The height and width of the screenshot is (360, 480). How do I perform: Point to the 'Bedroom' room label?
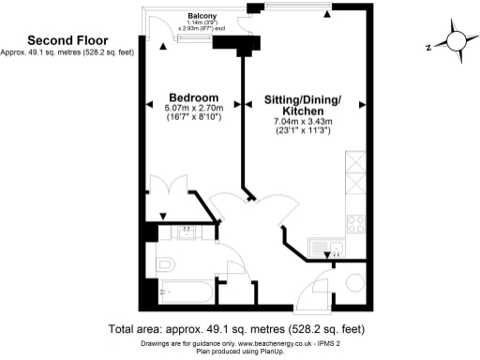tap(193, 97)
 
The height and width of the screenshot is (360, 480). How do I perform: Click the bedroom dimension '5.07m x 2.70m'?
tap(193, 109)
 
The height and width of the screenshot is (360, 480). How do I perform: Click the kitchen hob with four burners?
tap(356, 223)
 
